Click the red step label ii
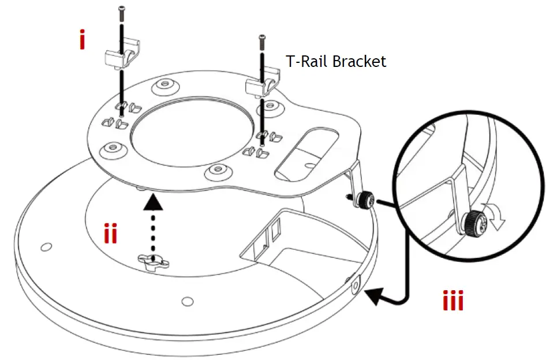click(x=111, y=233)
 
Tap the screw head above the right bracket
click(x=263, y=39)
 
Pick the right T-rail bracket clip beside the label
click(x=263, y=85)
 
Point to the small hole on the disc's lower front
click(x=186, y=301)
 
